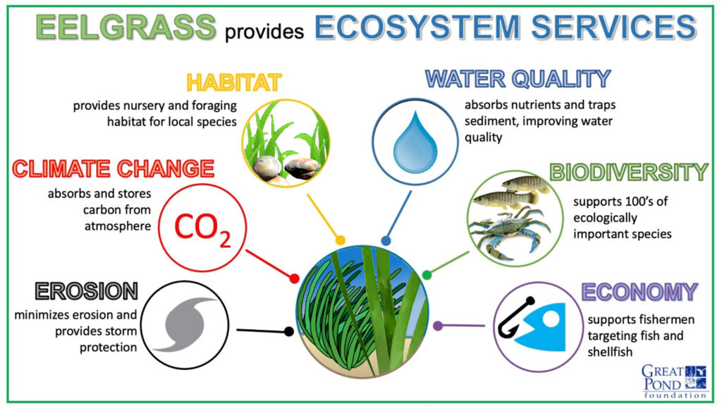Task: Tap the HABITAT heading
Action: point(234,83)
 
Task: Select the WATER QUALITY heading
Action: point(518,79)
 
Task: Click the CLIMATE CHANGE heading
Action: point(114,168)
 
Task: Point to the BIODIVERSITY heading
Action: point(629,172)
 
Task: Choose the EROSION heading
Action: point(87,291)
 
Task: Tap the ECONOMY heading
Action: point(640,292)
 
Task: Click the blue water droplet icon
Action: point(415,142)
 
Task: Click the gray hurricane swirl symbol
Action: point(186,324)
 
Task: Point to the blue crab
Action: point(509,230)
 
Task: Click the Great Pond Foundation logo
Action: point(674,381)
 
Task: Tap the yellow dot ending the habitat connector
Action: point(341,240)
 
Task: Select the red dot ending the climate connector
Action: point(294,278)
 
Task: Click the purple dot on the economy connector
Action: point(438,326)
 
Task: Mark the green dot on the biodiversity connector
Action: point(427,276)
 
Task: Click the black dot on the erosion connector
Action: point(289,331)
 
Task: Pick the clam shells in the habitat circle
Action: point(286,168)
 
